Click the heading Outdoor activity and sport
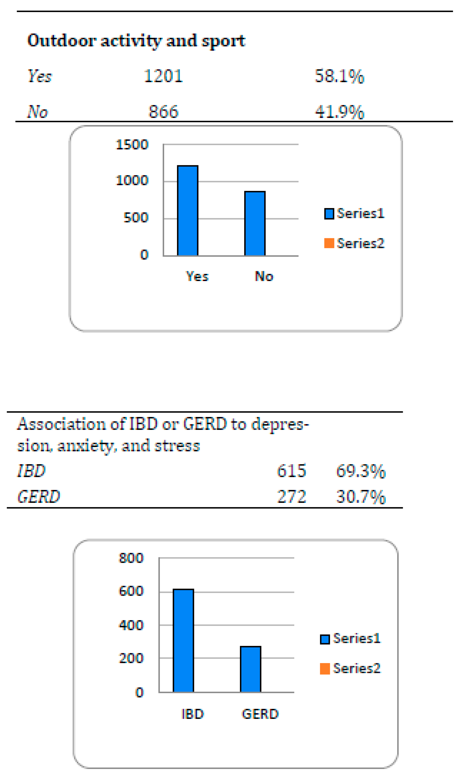pos(136,41)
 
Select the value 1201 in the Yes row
pos(163,76)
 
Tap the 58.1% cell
pos(339,76)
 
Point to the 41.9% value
pos(339,112)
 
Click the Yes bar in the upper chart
pos(188,211)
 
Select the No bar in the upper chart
pos(255,223)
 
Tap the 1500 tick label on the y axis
pos(132,144)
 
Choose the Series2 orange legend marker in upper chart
pos(329,243)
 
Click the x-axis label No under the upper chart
pos(264,276)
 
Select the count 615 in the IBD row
pos(291,471)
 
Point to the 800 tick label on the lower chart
pos(132,558)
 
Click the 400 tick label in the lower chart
pos(132,625)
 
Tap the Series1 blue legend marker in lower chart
pos(325,639)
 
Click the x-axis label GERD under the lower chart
pos(260,714)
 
